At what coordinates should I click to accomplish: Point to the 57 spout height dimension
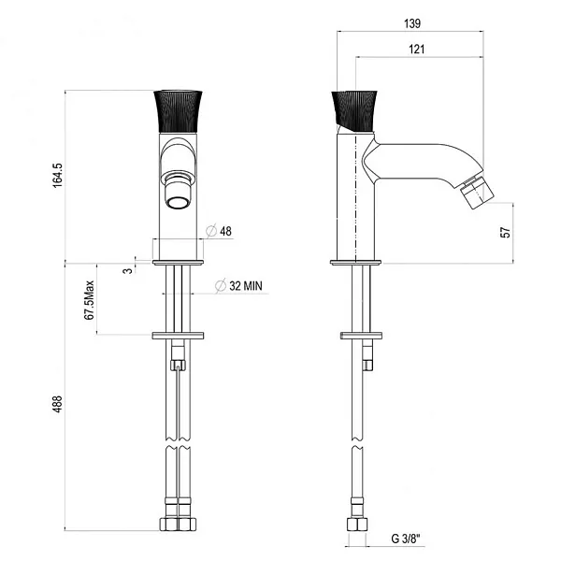[506, 232]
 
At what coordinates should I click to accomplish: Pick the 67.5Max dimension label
[91, 299]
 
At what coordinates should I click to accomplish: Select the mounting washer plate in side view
[363, 334]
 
